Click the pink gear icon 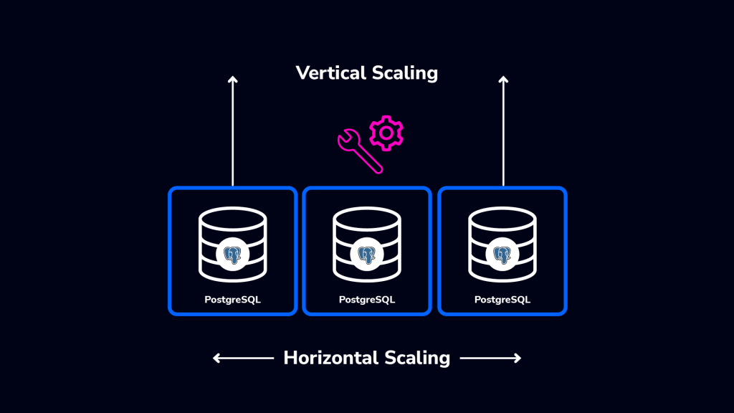[386, 133]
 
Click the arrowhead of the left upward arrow [232, 80]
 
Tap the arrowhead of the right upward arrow [503, 80]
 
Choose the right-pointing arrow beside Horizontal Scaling [490, 358]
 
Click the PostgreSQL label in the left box [232, 300]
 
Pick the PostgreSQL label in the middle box [367, 300]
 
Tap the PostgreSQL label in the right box [502, 300]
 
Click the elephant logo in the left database [232, 255]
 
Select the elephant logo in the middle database [367, 255]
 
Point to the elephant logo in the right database [502, 255]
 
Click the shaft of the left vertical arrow [232, 136]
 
